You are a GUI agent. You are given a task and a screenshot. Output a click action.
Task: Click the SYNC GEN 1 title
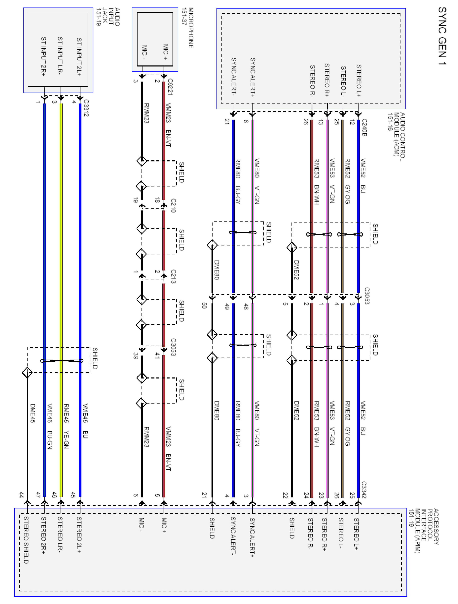click(442, 36)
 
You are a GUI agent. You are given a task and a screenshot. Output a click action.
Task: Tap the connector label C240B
click(364, 127)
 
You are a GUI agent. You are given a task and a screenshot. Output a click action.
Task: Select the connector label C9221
click(170, 87)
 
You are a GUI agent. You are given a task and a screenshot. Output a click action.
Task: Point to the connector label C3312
click(86, 108)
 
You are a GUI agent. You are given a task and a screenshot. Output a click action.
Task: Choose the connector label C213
click(173, 276)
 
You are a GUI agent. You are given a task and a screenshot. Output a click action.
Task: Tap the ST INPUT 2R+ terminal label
click(43, 56)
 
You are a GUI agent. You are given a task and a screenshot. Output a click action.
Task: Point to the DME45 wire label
click(33, 413)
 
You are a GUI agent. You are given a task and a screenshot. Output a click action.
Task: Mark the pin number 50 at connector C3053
click(204, 305)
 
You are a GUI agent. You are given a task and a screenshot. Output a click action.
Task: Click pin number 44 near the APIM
click(21, 495)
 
